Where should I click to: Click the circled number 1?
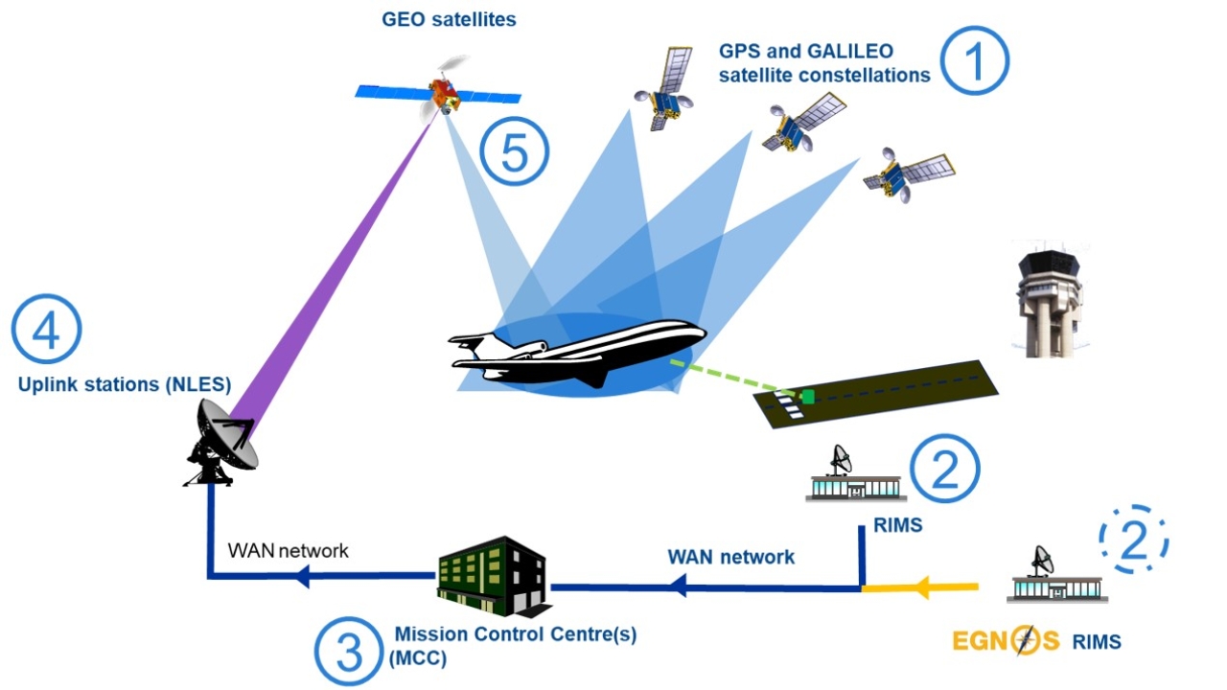point(975,60)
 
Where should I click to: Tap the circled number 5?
point(515,151)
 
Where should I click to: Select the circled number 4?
point(47,329)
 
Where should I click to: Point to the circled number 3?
point(348,652)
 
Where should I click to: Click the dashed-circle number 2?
point(1134,540)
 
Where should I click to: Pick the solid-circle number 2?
point(945,469)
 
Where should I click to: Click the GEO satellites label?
point(449,19)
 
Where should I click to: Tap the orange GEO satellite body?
point(443,94)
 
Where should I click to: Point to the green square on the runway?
point(808,396)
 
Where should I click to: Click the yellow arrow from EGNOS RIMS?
point(920,587)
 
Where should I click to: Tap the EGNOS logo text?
point(1006,641)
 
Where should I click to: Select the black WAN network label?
point(289,550)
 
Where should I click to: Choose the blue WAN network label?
point(730,557)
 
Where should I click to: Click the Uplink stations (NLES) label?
point(125,384)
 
